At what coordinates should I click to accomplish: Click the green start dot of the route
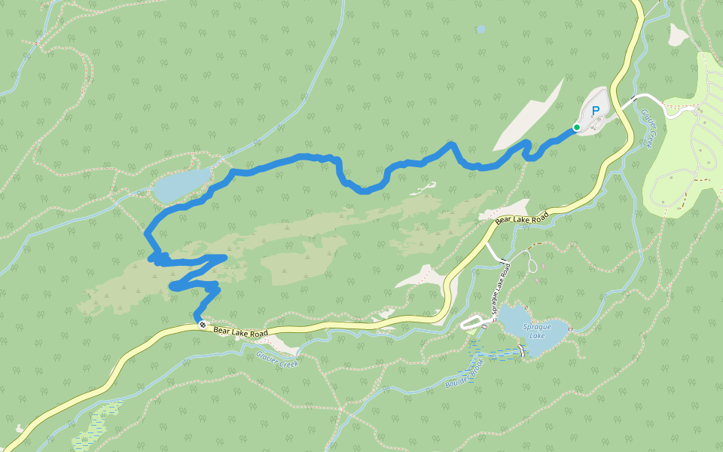coord(576,127)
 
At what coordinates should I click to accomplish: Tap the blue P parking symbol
coord(596,111)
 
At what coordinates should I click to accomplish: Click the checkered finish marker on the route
coord(202,325)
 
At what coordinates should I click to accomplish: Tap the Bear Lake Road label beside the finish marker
coord(240,331)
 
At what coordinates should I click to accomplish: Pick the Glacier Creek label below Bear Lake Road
coord(277,360)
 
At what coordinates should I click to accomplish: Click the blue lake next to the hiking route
coord(182,184)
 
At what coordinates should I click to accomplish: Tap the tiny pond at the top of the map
coord(480,29)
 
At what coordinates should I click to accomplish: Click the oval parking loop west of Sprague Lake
coord(474,323)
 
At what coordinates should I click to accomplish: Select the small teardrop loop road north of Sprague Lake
coord(532,264)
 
